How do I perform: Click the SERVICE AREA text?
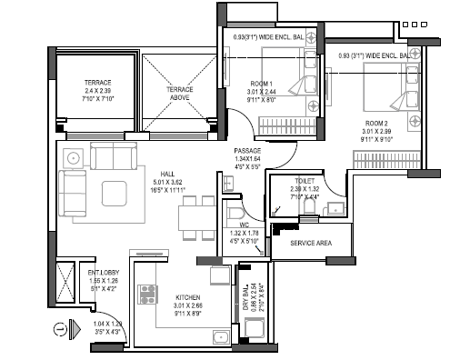coord(311,245)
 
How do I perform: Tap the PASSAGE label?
coord(247,151)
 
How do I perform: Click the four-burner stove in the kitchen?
coord(146,295)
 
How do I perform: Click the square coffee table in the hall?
coord(116,194)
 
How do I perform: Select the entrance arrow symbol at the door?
coord(59,328)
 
